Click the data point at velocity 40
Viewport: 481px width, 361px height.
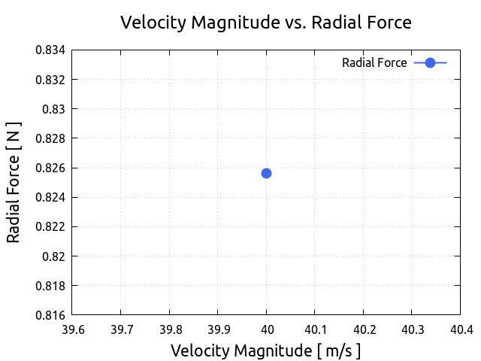[266, 173]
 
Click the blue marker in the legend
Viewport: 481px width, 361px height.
[430, 63]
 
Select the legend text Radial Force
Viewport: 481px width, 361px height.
[374, 63]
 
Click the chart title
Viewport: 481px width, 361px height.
[266, 23]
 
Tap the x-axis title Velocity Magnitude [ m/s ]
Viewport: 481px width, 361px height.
[266, 350]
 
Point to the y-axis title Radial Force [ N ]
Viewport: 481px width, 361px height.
[14, 182]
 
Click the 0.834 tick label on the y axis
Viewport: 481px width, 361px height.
[50, 50]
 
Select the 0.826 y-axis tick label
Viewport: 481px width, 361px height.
[50, 168]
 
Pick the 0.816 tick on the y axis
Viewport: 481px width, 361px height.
[50, 315]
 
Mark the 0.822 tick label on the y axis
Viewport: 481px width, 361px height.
[50, 226]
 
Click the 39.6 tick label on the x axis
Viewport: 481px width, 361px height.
[72, 329]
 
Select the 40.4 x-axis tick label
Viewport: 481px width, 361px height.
[460, 329]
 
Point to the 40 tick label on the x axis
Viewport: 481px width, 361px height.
[266, 329]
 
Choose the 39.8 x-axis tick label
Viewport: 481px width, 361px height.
[169, 329]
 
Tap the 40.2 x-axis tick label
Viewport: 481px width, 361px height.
[363, 329]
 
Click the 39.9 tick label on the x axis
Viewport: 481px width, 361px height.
[218, 329]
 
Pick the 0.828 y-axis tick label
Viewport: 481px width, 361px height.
[50, 138]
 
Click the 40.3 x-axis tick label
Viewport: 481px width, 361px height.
[412, 329]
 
